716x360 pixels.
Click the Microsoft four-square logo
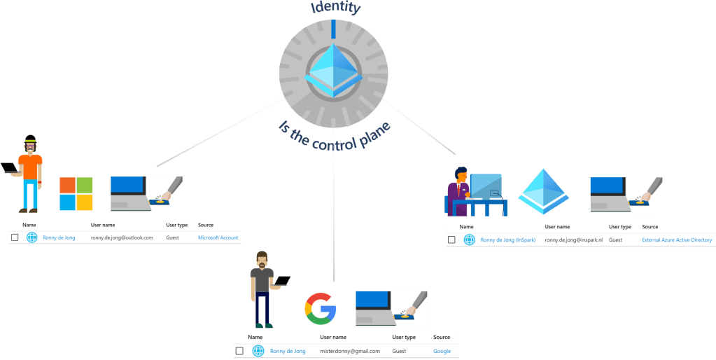(x=76, y=194)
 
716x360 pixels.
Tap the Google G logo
(x=320, y=309)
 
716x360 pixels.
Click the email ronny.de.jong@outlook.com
(x=122, y=237)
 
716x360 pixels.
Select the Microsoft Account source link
(x=218, y=237)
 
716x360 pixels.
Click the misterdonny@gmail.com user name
(x=350, y=351)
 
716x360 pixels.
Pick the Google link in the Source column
(x=442, y=351)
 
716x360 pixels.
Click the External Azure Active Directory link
(x=676, y=240)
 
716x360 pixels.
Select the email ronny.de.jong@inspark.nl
(x=573, y=240)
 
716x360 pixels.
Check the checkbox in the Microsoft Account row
(x=15, y=237)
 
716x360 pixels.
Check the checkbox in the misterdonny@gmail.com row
(x=239, y=351)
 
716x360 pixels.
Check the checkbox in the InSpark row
(x=451, y=240)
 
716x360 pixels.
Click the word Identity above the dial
(x=335, y=8)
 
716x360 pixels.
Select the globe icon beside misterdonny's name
(x=258, y=351)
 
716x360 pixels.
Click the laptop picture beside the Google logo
(x=391, y=308)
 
